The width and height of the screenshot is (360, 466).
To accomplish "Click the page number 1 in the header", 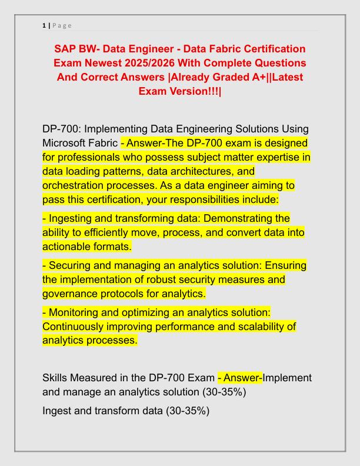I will tap(44, 25).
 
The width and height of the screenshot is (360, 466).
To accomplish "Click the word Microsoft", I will tap(65, 143).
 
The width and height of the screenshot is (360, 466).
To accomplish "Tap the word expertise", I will tap(274, 157).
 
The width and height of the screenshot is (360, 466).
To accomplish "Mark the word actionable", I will tap(66, 247).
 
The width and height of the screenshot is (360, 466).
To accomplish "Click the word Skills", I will tap(57, 378).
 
